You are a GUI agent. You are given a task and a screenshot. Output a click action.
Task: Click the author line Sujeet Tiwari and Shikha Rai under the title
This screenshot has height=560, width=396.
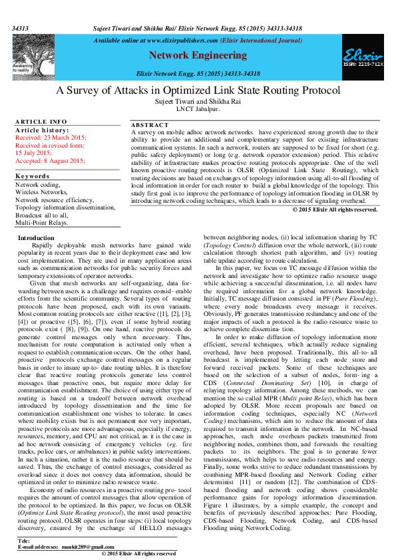pyautogui.click(x=198, y=102)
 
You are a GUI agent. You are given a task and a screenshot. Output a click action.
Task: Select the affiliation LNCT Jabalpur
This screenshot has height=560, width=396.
pyautogui.click(x=198, y=109)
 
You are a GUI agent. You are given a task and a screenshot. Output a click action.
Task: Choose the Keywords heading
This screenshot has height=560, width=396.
pyautogui.click(x=32, y=176)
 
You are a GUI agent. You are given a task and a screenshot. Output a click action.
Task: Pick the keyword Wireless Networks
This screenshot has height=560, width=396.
pyautogui.click(x=41, y=192)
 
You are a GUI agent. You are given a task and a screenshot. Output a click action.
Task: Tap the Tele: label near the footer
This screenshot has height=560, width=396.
pyautogui.click(x=24, y=540)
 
